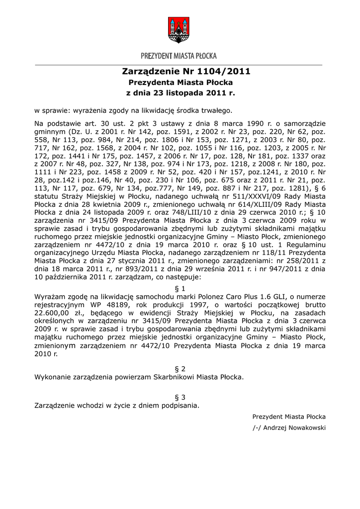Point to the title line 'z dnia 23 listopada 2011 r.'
[180, 92]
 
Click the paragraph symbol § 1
[180, 288]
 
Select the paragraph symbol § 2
[180, 368]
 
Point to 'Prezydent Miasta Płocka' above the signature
[289, 417]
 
